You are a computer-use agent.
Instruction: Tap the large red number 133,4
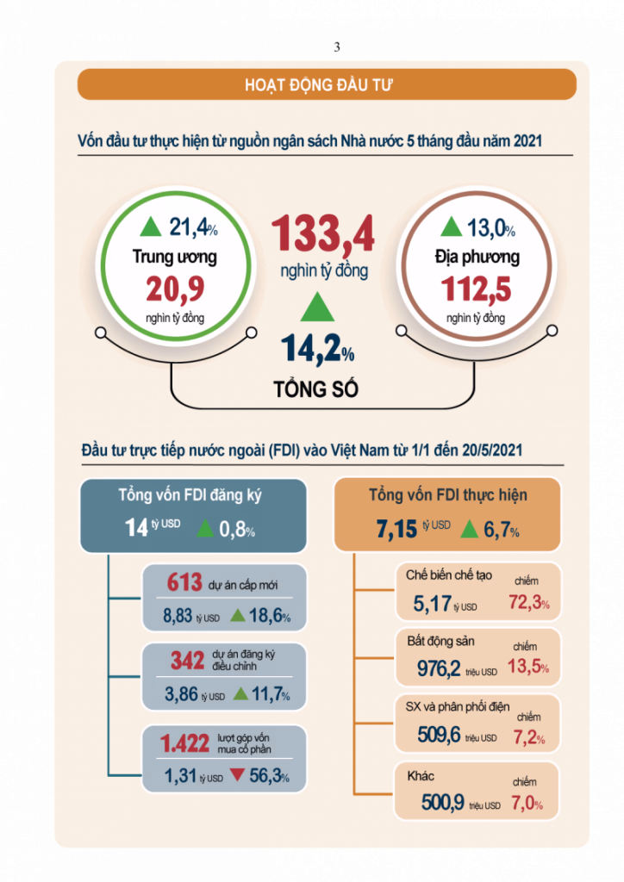323,233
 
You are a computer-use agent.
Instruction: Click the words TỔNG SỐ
316,388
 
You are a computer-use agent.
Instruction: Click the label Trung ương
175,257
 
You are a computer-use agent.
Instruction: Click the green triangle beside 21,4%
151,227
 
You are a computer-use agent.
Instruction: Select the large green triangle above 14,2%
317,307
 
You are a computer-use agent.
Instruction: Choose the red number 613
184,583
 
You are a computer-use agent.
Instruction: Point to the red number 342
187,661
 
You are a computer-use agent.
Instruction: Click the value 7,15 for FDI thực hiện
396,529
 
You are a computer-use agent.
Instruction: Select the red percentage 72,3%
529,602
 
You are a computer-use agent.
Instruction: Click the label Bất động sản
440,642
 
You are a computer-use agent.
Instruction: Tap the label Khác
421,776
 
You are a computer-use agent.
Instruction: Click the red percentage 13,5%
528,667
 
